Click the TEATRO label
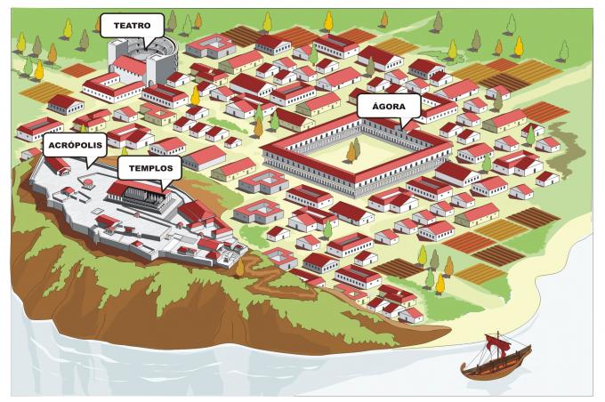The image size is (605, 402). [130, 25]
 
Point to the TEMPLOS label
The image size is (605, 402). [149, 167]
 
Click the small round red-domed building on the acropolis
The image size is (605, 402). [88, 184]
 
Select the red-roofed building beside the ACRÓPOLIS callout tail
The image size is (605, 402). [59, 165]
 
